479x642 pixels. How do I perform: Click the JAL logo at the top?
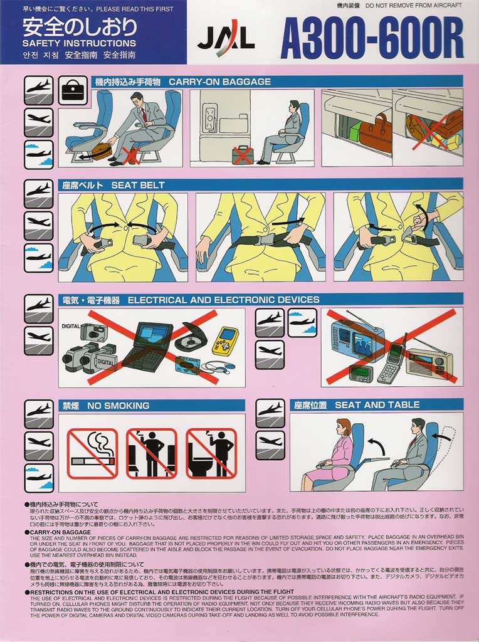[226, 41]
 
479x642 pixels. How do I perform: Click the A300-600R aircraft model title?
[372, 38]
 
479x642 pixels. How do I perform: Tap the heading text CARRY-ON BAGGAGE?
[219, 82]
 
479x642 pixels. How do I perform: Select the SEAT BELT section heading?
[138, 185]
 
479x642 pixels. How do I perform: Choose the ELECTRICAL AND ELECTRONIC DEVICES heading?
[223, 300]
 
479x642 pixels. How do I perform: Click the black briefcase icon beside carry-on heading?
[73, 91]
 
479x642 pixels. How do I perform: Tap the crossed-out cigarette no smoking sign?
[93, 453]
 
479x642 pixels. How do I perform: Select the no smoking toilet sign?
[211, 453]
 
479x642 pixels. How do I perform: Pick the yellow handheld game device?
[224, 341]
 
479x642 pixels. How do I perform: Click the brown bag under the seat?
[100, 151]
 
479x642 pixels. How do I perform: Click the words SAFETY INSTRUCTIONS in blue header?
[79, 43]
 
